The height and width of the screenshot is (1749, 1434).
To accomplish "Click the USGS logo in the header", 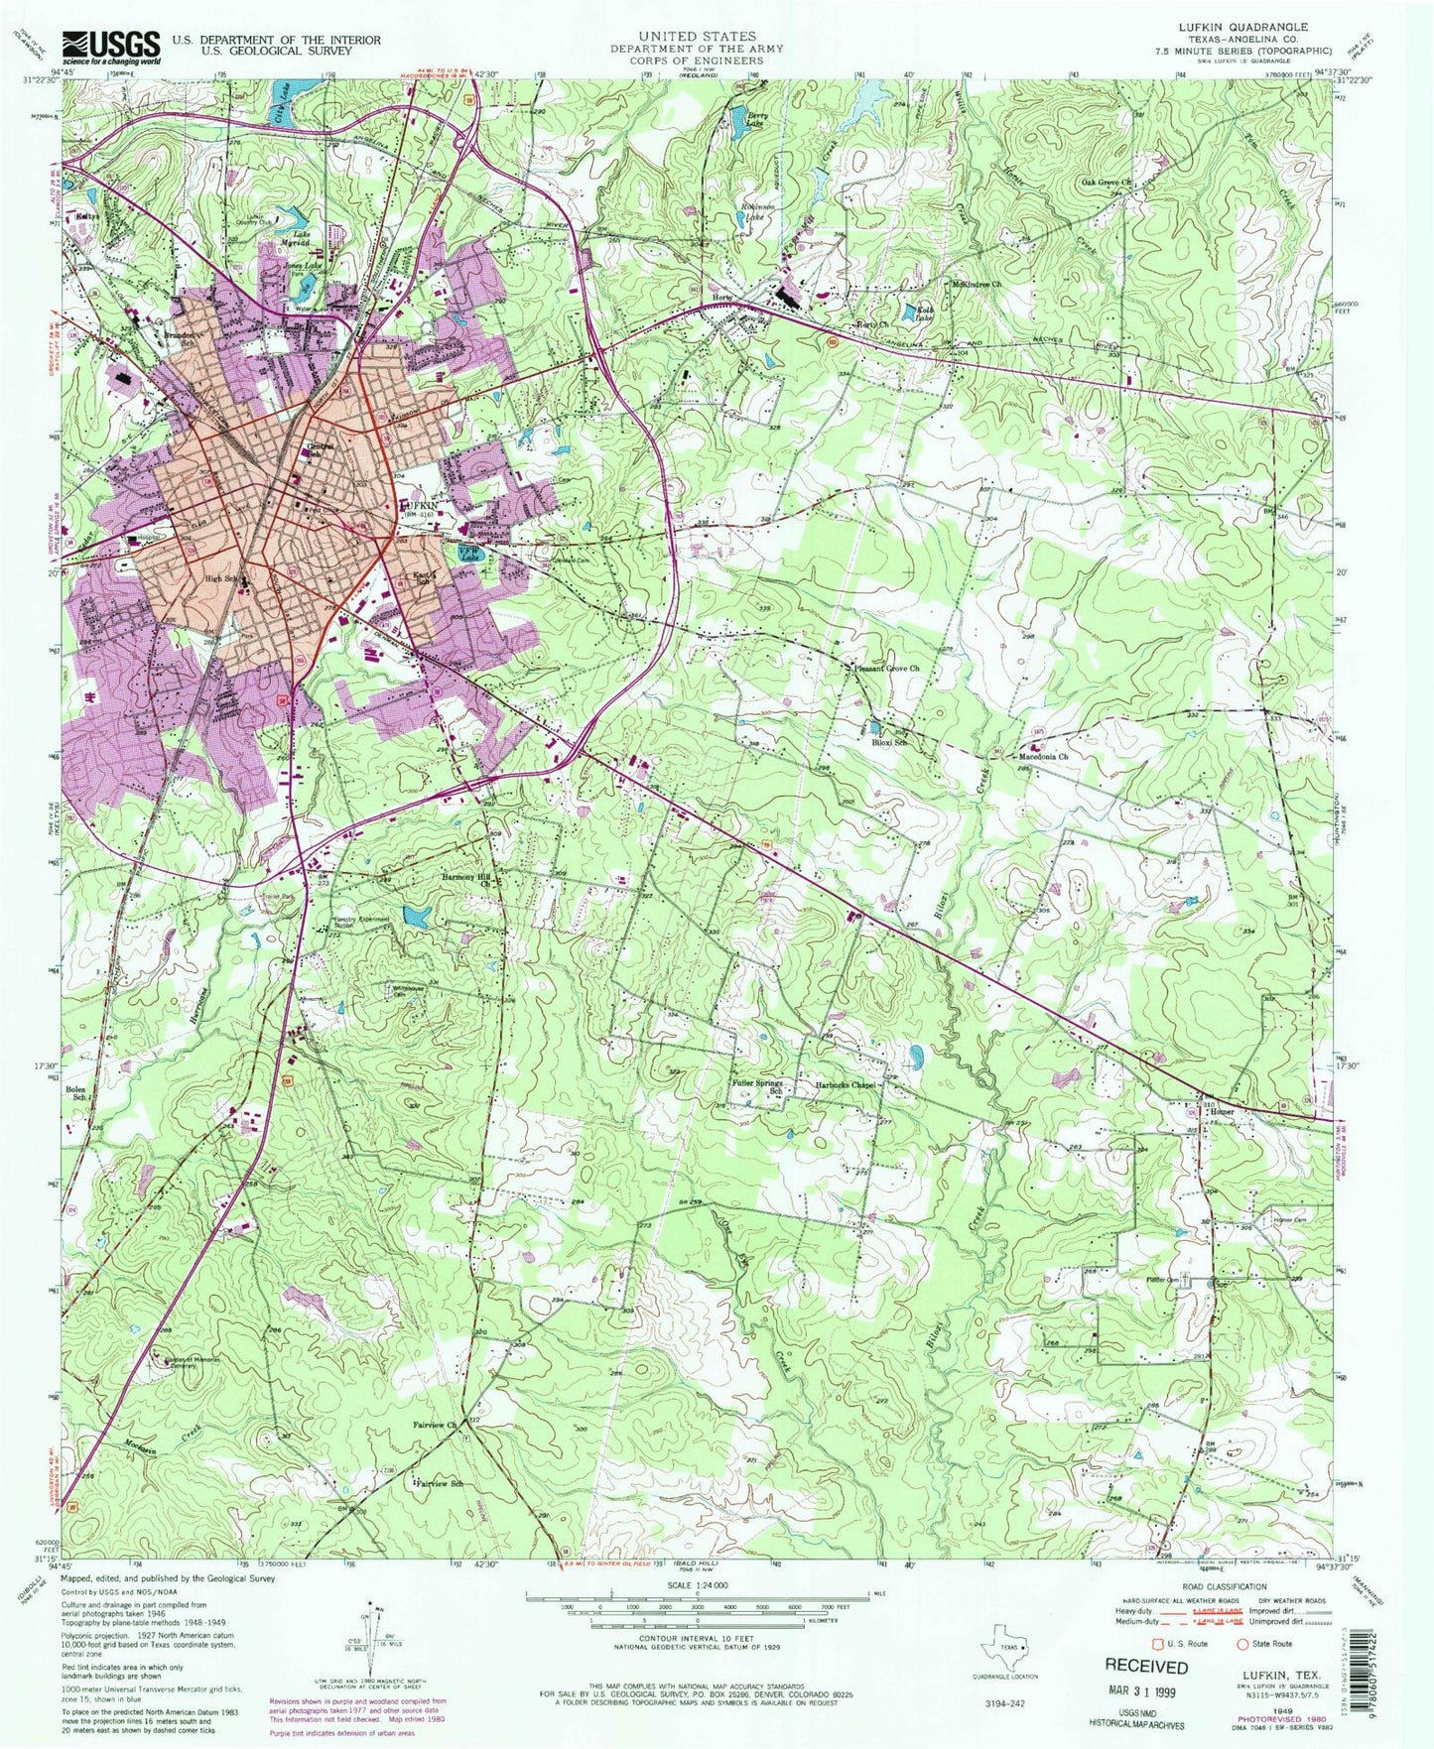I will [111, 45].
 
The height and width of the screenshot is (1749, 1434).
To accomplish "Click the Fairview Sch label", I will [440, 1484].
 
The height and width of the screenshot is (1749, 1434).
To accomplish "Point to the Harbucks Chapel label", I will [846, 1085].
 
